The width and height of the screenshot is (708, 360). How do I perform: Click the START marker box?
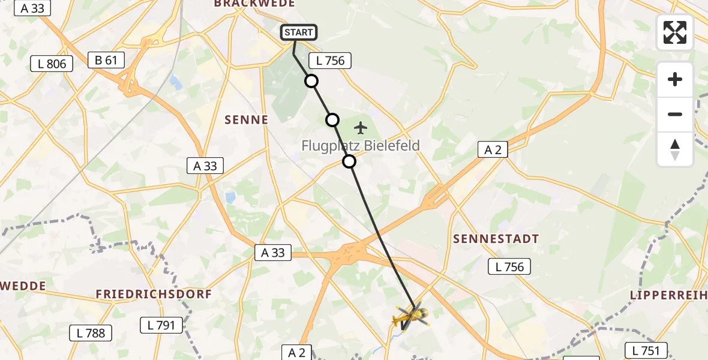(x=298, y=32)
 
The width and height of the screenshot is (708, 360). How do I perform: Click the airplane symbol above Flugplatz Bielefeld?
(x=360, y=127)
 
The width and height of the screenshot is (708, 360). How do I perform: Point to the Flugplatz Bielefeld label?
(x=361, y=146)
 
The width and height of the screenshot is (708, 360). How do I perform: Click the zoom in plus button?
(x=675, y=79)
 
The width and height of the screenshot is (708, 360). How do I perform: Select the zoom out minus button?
(x=675, y=114)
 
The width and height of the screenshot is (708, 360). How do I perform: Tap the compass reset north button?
(x=675, y=149)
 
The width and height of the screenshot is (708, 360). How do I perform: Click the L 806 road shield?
(x=52, y=64)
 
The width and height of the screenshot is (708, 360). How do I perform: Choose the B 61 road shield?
(x=106, y=60)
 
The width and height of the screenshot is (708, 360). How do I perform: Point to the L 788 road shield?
(x=91, y=333)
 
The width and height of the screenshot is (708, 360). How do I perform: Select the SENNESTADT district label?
(x=496, y=239)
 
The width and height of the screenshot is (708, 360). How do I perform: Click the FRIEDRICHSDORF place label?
(x=154, y=295)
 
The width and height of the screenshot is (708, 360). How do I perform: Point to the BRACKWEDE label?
(x=254, y=4)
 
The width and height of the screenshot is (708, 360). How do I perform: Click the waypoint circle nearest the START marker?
(x=311, y=81)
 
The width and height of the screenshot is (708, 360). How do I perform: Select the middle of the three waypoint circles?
(x=332, y=120)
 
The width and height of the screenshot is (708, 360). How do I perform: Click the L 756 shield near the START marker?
(x=329, y=61)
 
